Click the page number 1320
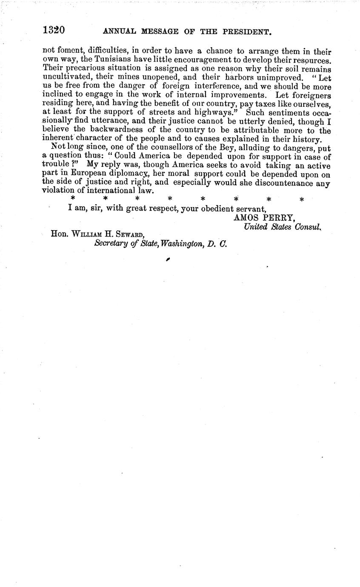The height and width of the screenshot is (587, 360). [53, 31]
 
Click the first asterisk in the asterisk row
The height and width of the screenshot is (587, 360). [73, 199]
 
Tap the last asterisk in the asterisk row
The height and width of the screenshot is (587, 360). [302, 199]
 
